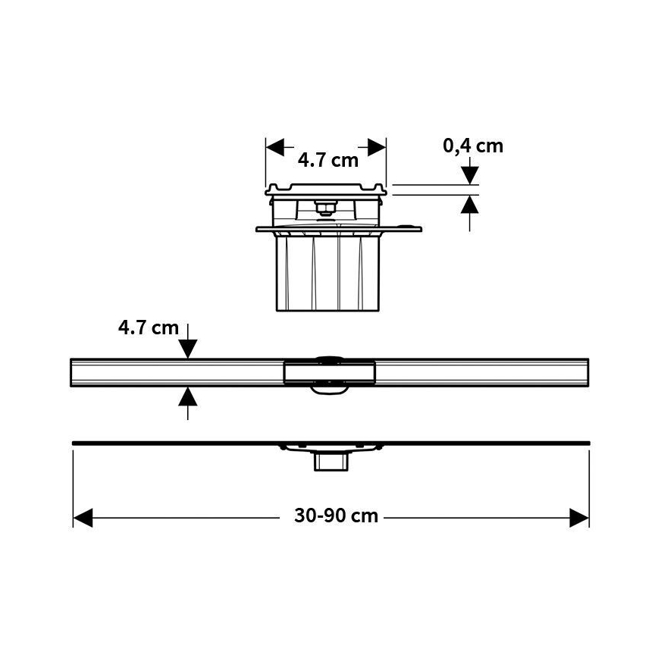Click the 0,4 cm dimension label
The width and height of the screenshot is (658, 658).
coord(473,146)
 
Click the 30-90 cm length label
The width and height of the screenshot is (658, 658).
coord(336,516)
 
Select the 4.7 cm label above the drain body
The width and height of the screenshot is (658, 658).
coord(327,160)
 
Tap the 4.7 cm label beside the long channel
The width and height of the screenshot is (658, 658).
coord(149,328)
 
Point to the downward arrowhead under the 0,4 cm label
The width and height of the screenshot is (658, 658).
coord(471,176)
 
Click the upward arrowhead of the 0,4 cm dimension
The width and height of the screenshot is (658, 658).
coord(471,203)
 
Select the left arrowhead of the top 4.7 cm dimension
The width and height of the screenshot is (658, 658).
coord(274,147)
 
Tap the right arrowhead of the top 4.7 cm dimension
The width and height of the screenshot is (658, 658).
coord(378,147)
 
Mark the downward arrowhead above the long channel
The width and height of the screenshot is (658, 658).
coord(188,349)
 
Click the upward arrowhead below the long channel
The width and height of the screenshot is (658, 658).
coord(188,396)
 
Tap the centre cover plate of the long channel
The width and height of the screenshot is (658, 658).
coord(329,371)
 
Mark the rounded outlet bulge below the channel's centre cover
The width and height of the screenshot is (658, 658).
coord(329,390)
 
